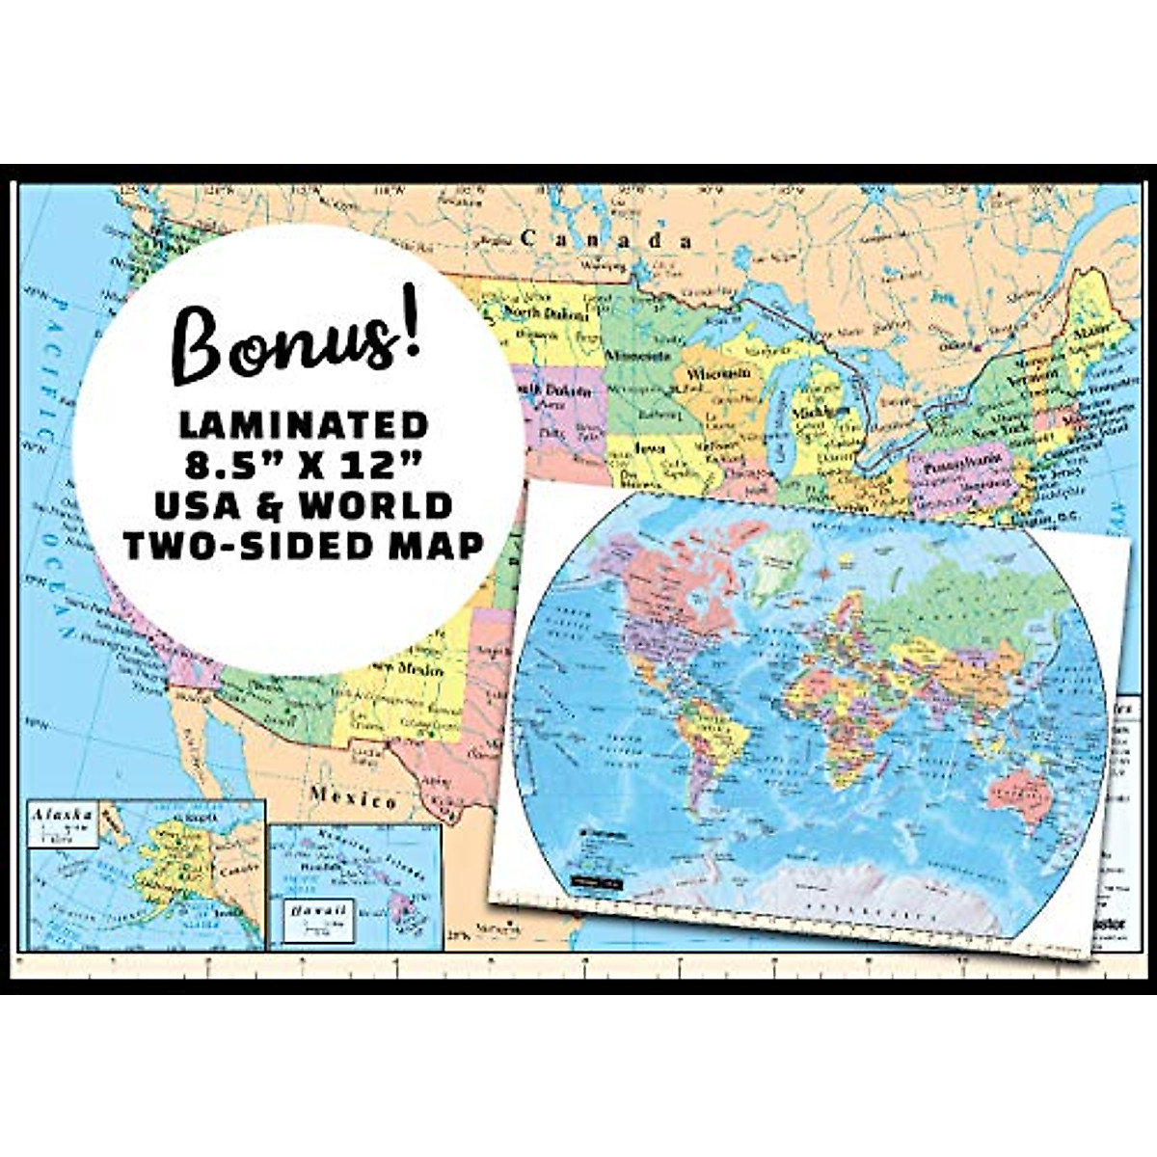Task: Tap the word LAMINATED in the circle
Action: (x=303, y=424)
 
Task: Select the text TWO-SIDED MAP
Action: (x=303, y=546)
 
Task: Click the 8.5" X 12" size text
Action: (x=303, y=465)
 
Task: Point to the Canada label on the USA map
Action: (x=605, y=239)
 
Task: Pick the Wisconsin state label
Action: (x=717, y=372)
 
